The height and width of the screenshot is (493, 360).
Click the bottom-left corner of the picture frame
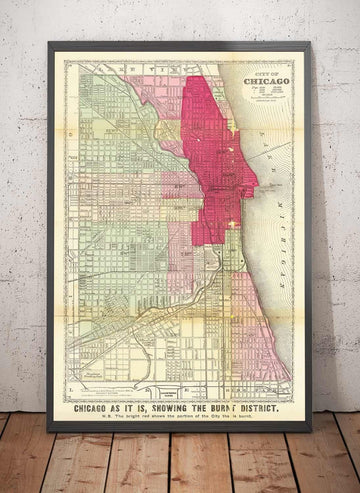pyautogui.click(x=49, y=429)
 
